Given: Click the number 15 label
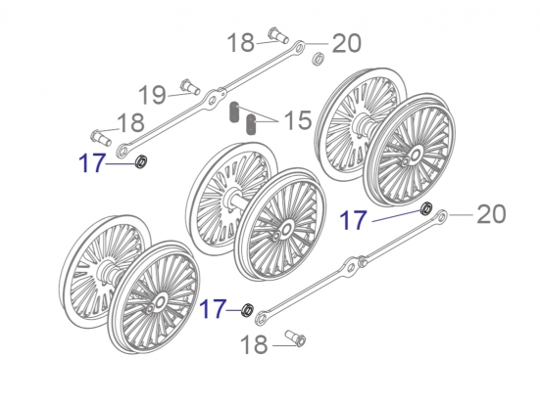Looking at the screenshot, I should click(297, 121).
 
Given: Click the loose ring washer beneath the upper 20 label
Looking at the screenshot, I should click(319, 63).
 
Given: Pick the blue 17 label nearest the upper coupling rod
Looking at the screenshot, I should click(92, 162).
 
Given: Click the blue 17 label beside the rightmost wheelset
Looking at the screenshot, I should click(355, 221).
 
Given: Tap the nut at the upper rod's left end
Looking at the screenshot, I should click(140, 161).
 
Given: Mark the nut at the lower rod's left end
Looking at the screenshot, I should click(249, 311).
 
